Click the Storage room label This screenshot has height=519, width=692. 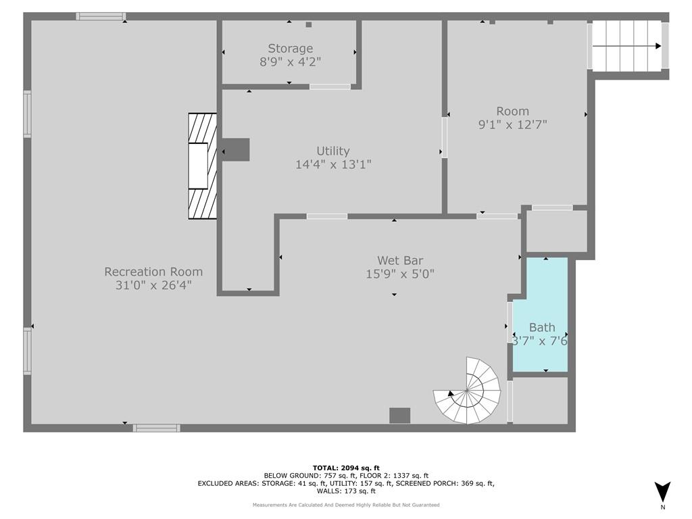pyautogui.click(x=291, y=48)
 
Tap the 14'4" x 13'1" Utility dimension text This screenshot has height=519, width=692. pyautogui.click(x=333, y=165)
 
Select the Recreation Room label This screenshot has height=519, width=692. pyautogui.click(x=153, y=272)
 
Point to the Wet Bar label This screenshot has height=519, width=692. pyautogui.click(x=400, y=260)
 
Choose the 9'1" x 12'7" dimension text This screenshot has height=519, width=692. pyautogui.click(x=513, y=125)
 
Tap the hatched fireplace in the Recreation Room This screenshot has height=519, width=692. pyautogui.click(x=203, y=166)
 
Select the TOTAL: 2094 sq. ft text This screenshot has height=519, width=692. pyautogui.click(x=346, y=468)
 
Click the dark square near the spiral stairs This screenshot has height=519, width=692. pyautogui.click(x=400, y=416)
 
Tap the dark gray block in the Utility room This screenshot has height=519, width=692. pyautogui.click(x=236, y=149)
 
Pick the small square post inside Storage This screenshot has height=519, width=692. pyautogui.click(x=309, y=25)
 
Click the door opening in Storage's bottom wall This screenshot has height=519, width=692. pyautogui.click(x=330, y=86)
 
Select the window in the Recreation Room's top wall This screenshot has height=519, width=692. pyautogui.click(x=101, y=16)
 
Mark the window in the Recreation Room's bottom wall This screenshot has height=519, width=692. pyautogui.click(x=157, y=428)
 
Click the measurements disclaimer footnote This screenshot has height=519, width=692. pyautogui.click(x=346, y=505)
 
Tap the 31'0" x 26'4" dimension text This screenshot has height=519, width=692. pyautogui.click(x=153, y=285)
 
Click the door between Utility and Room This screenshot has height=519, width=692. pyautogui.click(x=445, y=137)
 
